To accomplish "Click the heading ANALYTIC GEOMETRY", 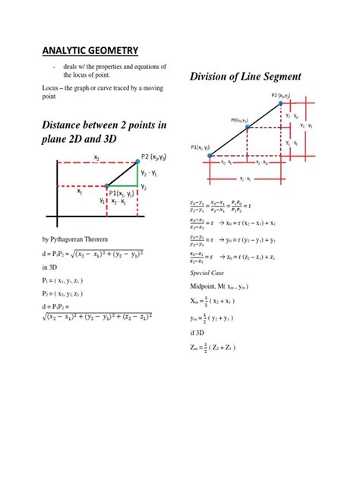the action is pyautogui.click(x=90, y=51).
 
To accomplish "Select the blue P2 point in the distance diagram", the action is pyautogui.click(x=137, y=161).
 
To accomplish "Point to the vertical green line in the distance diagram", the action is pyautogui.click(x=137, y=174).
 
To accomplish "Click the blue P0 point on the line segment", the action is pyautogui.click(x=248, y=128).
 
